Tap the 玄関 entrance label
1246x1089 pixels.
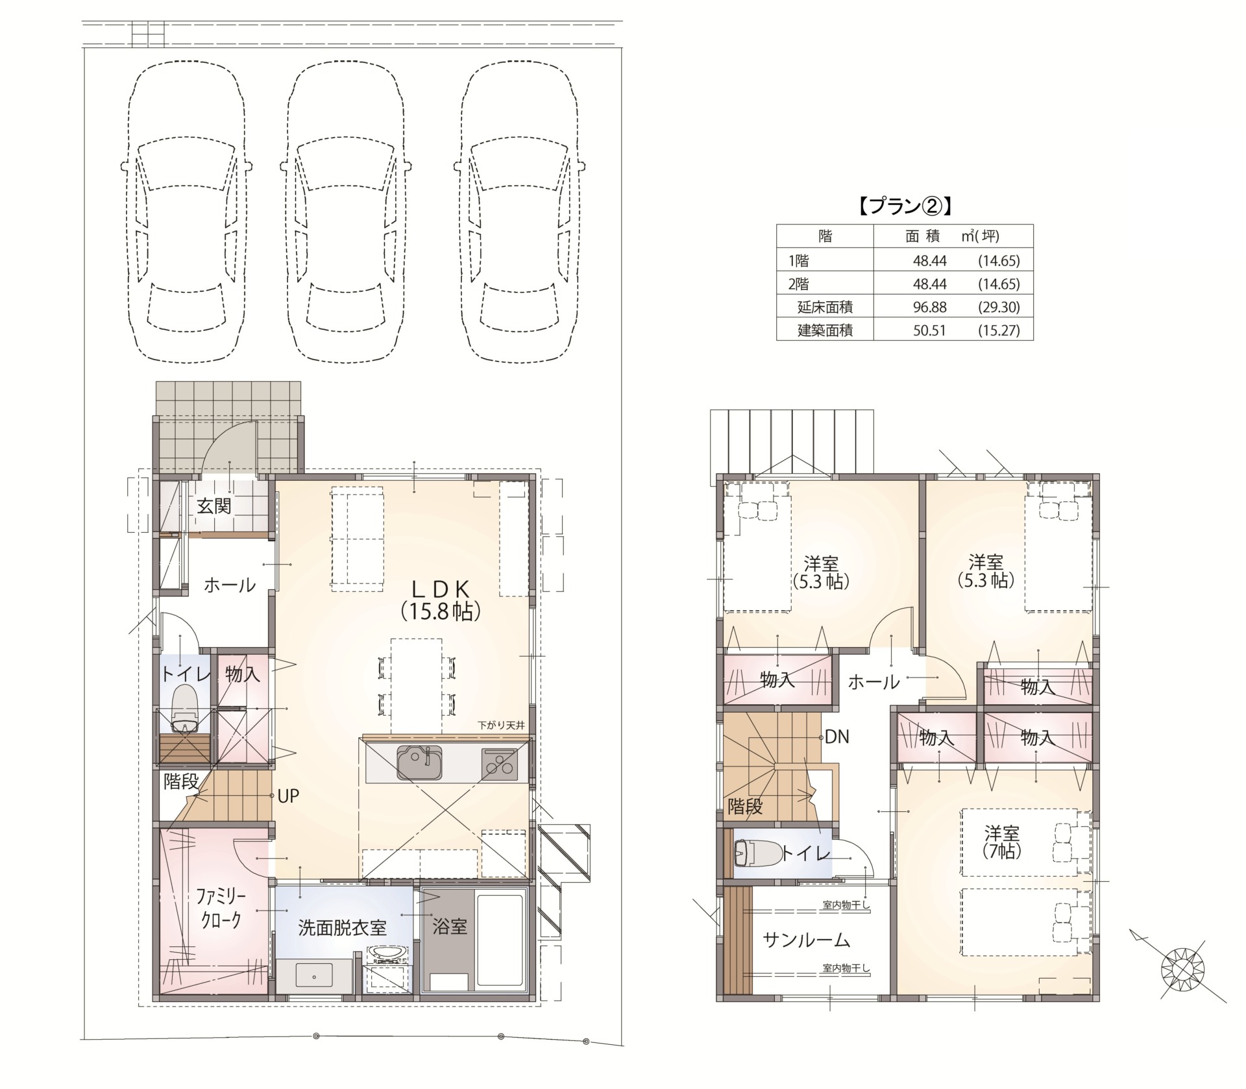point(214,506)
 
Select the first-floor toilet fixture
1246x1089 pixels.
point(185,709)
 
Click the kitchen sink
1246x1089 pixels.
point(420,763)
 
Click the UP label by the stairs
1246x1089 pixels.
point(288,796)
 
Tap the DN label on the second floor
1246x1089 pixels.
point(837,737)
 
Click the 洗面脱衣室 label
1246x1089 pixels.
point(342,927)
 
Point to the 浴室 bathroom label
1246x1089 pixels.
point(450,926)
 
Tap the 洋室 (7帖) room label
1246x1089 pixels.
point(1002,842)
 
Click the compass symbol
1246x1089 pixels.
point(1182,970)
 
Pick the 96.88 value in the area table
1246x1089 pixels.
point(929,307)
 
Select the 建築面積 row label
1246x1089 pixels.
point(825,330)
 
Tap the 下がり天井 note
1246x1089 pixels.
point(500,726)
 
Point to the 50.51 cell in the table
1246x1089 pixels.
point(929,330)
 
